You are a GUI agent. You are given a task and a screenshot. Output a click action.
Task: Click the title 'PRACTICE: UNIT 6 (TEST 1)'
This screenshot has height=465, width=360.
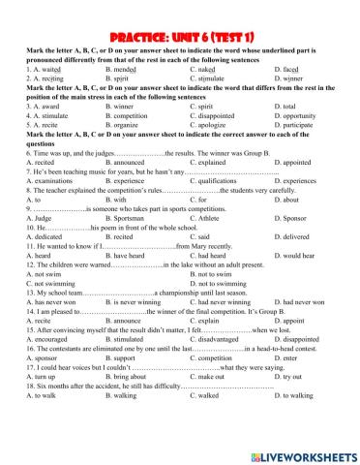(179, 10)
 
